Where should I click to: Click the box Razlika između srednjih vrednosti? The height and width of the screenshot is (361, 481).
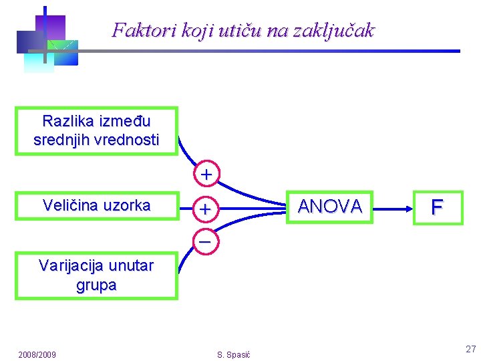pos(96,131)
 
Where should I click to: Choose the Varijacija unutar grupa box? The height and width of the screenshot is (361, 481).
pos(96,275)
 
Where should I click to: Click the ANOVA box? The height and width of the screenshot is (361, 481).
pos(330,207)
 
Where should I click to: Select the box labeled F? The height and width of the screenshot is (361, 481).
pos(437,207)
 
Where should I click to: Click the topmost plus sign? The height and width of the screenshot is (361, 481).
pos(207,174)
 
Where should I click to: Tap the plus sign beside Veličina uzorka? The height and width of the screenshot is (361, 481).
pos(206,209)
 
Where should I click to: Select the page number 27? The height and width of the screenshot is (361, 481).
pos(470,349)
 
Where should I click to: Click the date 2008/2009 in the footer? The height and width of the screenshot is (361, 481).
pos(37,354)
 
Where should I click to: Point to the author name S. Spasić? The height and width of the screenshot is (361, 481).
pos(234,354)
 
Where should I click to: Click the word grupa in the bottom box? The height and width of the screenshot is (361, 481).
pos(96,285)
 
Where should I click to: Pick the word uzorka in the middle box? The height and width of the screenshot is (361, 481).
pos(127,206)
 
